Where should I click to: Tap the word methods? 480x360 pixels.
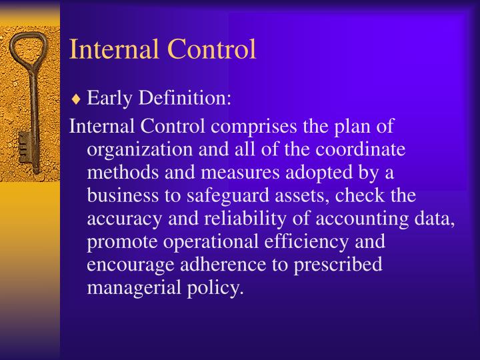(x=119, y=173)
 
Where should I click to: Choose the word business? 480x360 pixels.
(x=121, y=195)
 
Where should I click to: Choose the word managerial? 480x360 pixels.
(x=129, y=288)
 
